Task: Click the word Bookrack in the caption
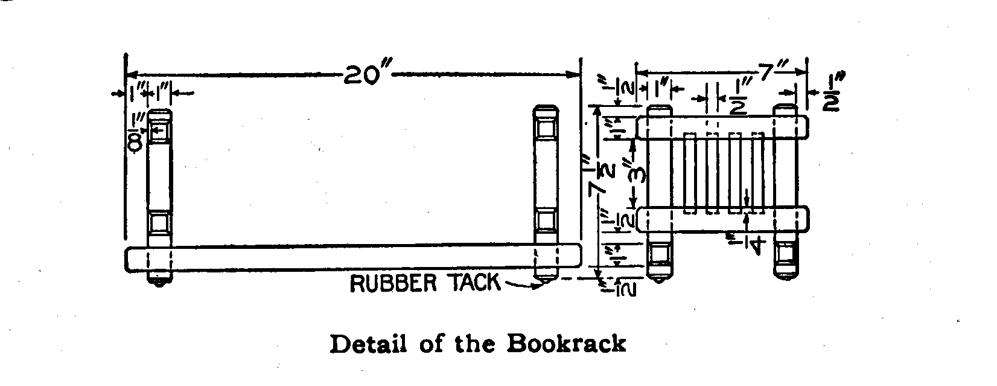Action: [x=565, y=344]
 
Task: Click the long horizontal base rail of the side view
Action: [x=353, y=257]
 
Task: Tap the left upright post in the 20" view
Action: [x=160, y=181]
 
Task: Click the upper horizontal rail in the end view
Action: [x=723, y=127]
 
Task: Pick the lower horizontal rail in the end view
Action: [x=723, y=219]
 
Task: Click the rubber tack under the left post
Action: [x=159, y=283]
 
